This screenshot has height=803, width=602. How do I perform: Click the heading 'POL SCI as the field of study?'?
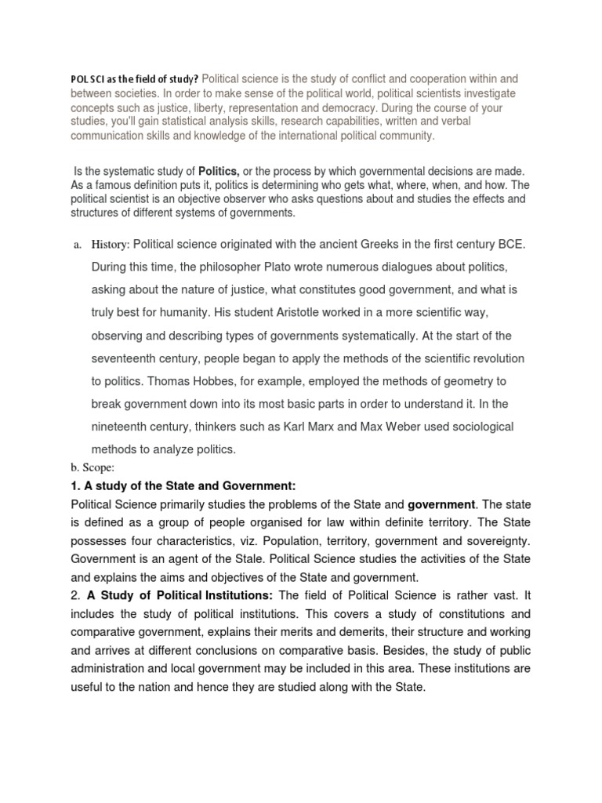point(134,80)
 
